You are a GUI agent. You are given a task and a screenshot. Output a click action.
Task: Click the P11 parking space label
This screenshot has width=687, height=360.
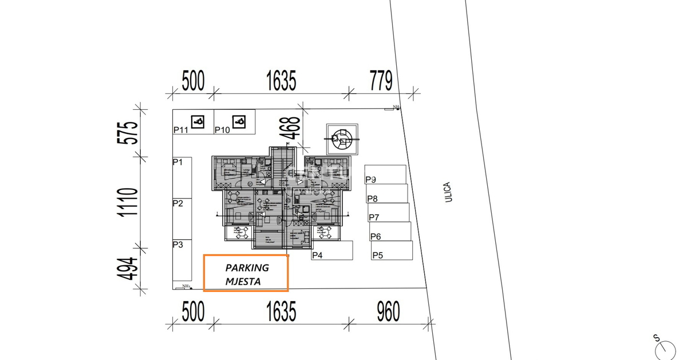tap(181, 130)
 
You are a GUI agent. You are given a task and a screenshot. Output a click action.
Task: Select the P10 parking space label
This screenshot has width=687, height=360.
tap(222, 130)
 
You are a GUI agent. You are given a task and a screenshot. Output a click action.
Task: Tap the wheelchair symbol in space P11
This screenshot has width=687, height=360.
tap(198, 121)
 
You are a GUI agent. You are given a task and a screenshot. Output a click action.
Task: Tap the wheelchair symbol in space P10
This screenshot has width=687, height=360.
tap(239, 121)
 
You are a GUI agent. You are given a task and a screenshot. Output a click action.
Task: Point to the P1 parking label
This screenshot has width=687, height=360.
tap(177, 163)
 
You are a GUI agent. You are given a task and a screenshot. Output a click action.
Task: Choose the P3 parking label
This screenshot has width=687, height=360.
tap(177, 245)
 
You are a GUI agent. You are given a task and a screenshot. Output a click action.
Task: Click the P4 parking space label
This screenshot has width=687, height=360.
tap(317, 256)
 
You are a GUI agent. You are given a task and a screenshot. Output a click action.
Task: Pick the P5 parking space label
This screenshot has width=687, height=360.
tap(378, 256)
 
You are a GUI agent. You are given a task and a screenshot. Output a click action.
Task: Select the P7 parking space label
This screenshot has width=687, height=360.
tap(374, 217)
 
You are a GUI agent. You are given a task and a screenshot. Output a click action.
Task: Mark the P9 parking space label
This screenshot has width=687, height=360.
tap(371, 180)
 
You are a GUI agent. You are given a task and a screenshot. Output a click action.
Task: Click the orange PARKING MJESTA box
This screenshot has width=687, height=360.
tap(246, 274)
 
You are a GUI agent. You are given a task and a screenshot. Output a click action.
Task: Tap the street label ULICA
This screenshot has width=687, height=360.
tap(448, 192)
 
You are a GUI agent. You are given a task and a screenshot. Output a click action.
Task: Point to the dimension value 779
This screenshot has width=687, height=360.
tap(381, 81)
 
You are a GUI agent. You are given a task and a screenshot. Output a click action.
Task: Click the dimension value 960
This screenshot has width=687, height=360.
tap(388, 312)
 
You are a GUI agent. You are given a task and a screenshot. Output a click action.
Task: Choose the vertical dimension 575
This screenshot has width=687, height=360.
tap(129, 132)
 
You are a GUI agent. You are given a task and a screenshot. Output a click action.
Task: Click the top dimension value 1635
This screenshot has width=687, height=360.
tap(281, 81)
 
